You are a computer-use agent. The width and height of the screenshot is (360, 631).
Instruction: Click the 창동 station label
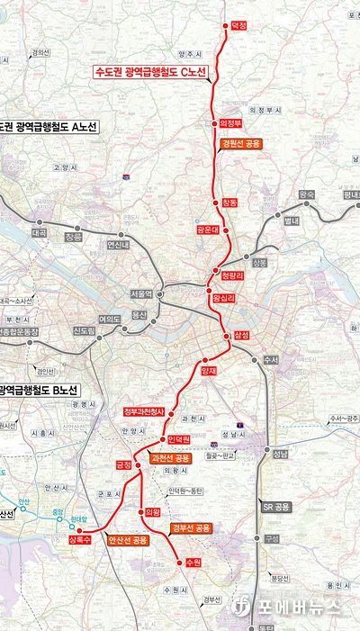[x=230, y=203]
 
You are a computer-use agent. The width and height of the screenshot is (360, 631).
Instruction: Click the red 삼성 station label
[x=240, y=335]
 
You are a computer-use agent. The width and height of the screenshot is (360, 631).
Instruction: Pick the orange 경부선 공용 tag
[x=191, y=527]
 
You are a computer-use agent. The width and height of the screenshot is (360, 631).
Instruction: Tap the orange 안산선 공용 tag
[x=127, y=540]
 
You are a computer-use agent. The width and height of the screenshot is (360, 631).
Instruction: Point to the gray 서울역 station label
[x=142, y=293]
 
